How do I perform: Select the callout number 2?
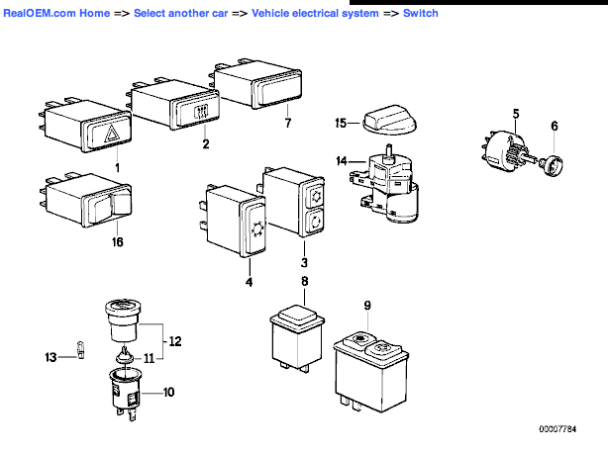coord(206,144)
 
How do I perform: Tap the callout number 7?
coord(288,124)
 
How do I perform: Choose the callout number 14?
coord(341,161)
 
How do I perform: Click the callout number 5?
coord(516,114)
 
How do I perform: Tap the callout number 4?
coord(249,283)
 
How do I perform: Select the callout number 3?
coord(305,263)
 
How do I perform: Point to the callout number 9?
coord(366,306)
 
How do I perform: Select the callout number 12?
coord(174,341)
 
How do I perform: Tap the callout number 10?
coord(168,393)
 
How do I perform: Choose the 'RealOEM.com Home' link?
coord(57,14)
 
